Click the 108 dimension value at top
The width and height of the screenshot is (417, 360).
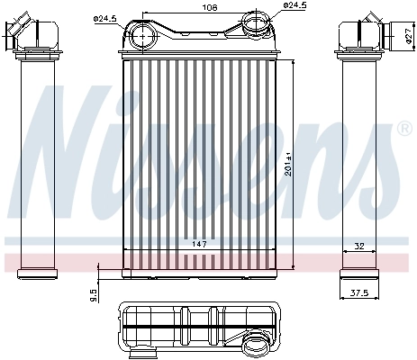(210, 7)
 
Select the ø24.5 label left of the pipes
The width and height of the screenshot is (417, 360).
(105, 18)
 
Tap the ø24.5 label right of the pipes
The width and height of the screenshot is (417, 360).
(295, 6)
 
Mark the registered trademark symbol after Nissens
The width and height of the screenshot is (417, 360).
(403, 129)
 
